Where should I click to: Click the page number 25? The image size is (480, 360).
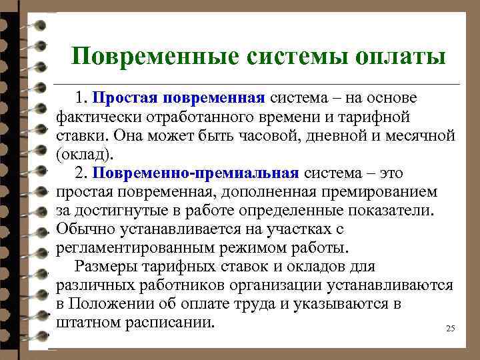coord(449,329)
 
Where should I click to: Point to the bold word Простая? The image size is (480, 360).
coord(124,98)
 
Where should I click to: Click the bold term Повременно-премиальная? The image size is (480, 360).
coord(195,173)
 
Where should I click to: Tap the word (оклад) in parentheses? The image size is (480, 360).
coord(85,155)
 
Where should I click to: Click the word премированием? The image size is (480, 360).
coord(387,192)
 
